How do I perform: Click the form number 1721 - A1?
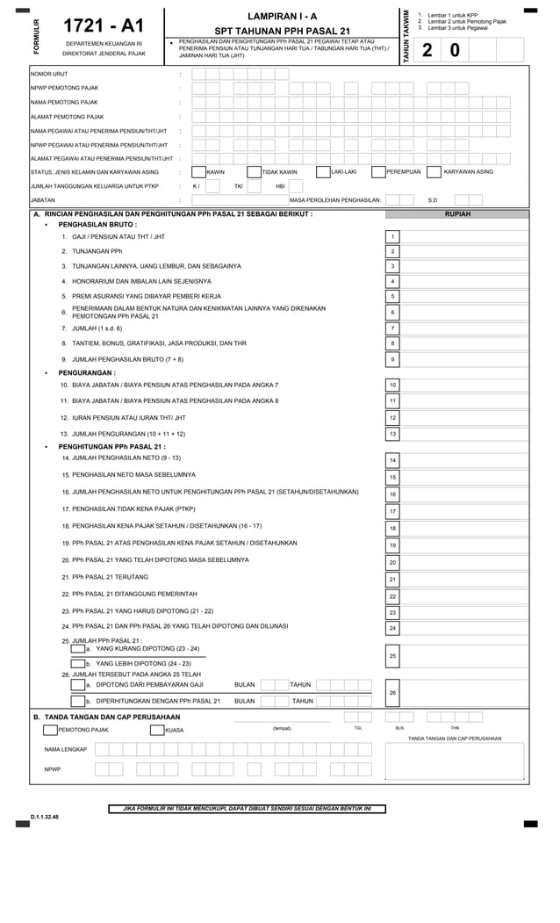pos(104,26)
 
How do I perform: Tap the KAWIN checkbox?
pos(198,172)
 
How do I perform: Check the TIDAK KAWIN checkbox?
pos(255,172)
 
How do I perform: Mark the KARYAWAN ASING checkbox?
pos(434,172)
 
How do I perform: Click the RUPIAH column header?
pos(457,213)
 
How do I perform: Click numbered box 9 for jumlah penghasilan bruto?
pos(393,359)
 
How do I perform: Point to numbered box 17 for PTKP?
pos(393,511)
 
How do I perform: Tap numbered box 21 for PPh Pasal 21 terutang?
pos(393,580)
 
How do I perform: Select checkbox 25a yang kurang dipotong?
pos(77,649)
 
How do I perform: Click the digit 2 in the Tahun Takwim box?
pos(427,51)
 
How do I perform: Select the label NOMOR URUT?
pos(49,74)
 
